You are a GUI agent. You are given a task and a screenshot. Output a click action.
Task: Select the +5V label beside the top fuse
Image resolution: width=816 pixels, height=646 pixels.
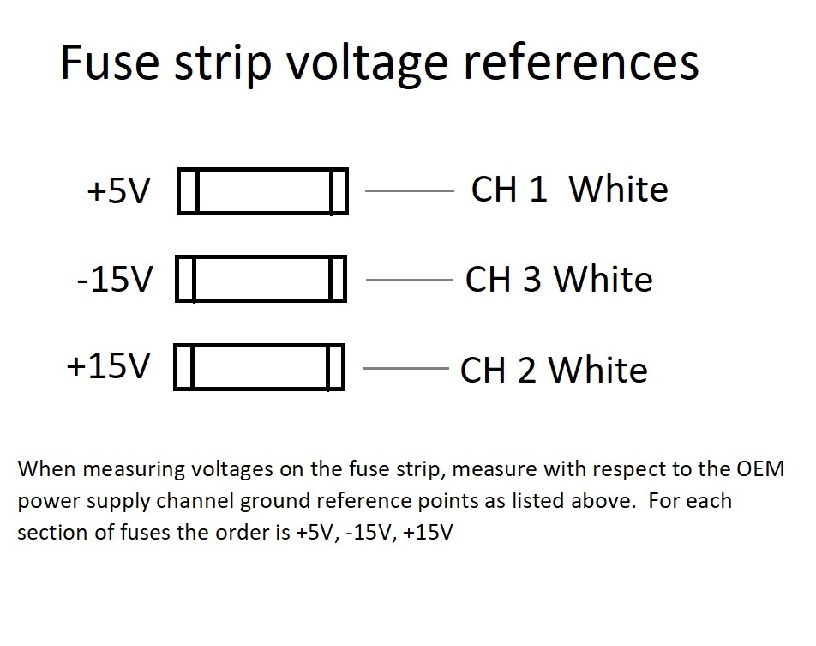point(119,191)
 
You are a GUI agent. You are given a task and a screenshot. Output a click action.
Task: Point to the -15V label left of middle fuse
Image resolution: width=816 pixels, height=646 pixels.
point(116,280)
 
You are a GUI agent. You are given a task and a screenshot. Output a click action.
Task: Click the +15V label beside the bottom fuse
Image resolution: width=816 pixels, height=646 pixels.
point(109,366)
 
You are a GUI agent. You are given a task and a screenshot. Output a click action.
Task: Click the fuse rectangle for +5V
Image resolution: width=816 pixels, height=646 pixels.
point(262,190)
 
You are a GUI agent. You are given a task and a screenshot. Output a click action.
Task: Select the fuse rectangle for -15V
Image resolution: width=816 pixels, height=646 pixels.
point(261,279)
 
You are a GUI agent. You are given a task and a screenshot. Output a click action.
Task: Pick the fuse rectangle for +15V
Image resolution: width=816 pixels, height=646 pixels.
point(260,367)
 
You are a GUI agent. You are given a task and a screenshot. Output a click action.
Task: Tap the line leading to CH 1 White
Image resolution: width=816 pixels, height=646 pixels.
point(409,190)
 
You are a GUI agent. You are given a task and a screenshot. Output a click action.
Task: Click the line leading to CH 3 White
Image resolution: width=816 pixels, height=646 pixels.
point(409,280)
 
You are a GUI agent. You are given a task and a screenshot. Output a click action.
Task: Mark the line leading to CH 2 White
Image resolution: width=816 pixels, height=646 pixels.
point(406,369)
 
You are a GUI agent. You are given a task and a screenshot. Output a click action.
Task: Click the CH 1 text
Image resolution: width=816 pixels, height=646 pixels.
point(509,190)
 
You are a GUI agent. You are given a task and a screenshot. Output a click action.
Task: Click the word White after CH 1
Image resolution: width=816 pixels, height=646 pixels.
point(618,190)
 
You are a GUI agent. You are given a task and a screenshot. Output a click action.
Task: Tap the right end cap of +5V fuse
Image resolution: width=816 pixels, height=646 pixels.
point(339,190)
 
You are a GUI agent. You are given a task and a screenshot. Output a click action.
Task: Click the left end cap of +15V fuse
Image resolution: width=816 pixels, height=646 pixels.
point(184,367)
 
